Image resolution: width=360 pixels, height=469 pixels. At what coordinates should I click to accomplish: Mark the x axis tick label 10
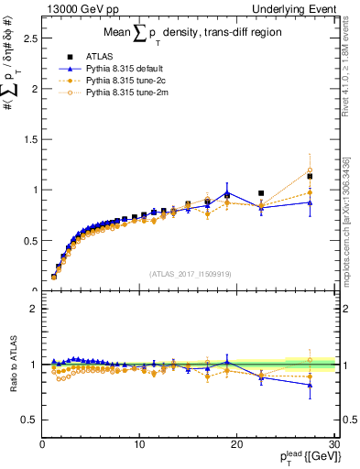(139, 444)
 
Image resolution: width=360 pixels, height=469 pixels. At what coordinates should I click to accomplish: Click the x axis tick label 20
(236, 444)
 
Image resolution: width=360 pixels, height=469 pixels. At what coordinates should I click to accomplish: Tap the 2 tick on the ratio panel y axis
(33, 309)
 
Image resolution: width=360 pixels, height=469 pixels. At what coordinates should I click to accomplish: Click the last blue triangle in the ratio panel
(310, 386)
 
